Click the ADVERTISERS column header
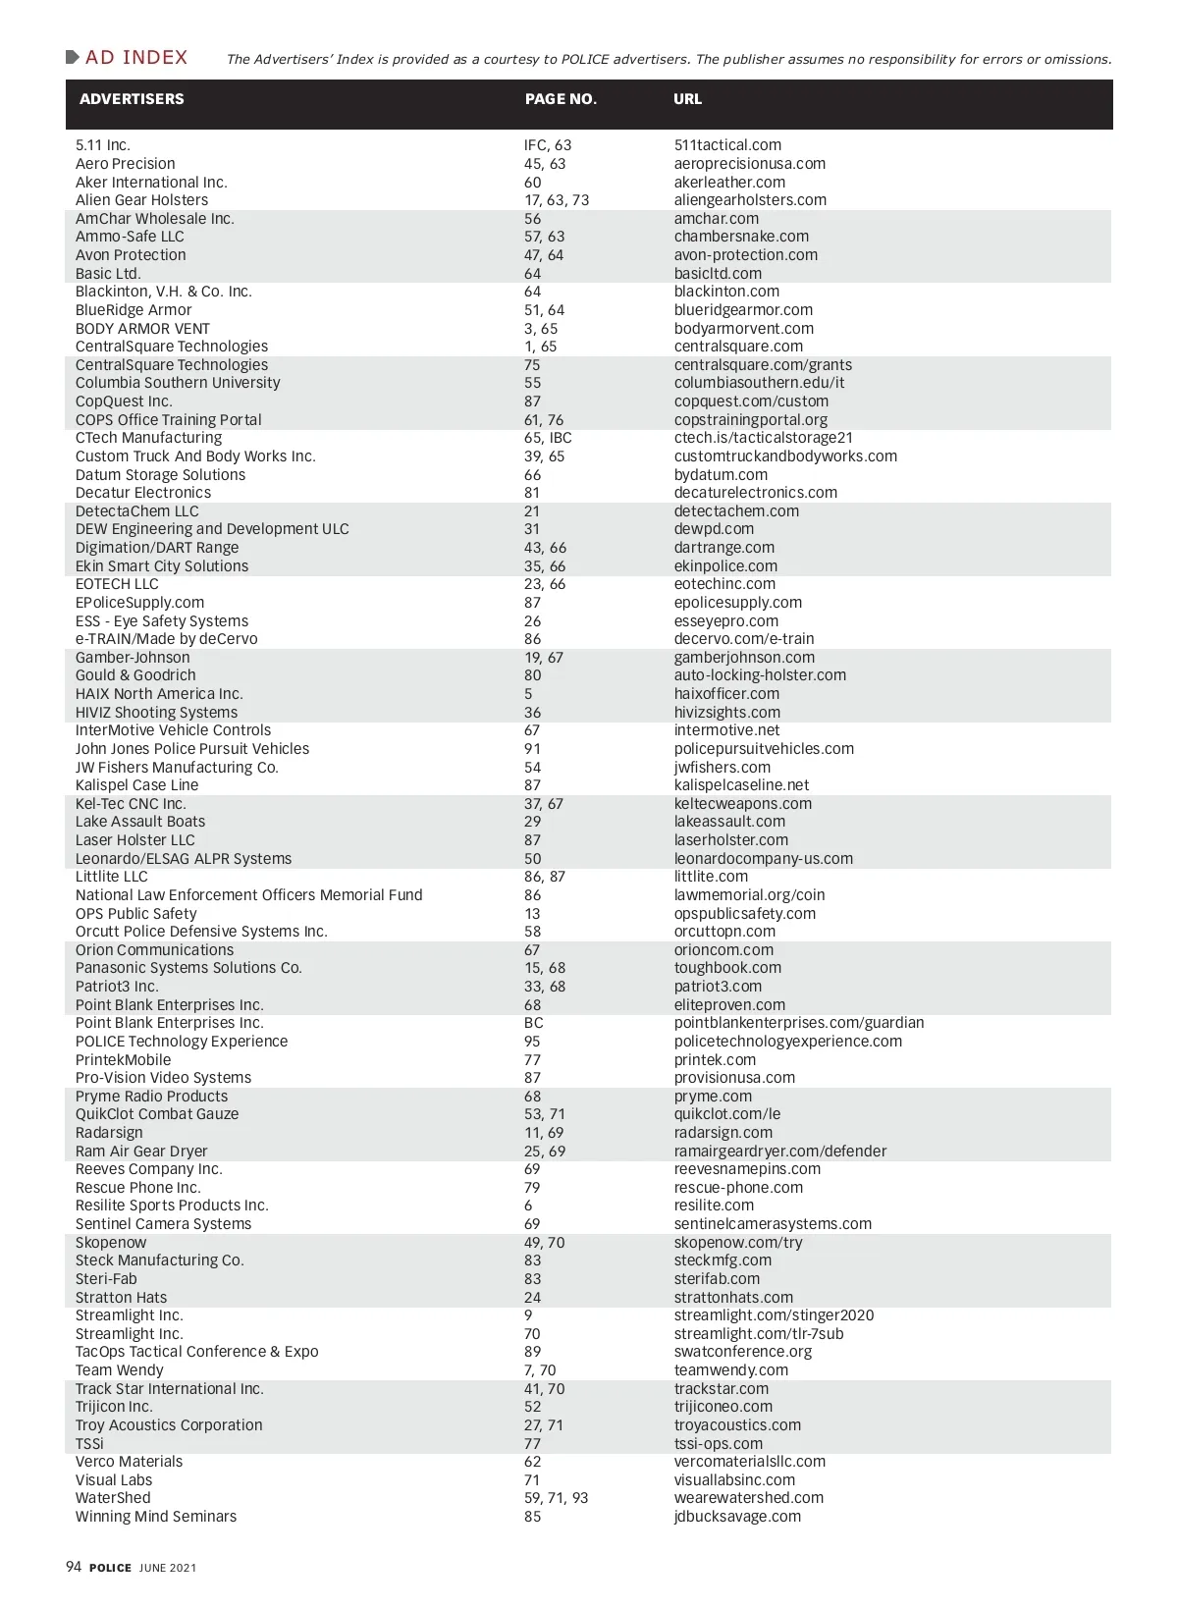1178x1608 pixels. click(132, 99)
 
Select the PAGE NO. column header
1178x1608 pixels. click(561, 99)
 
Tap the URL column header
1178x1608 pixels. click(687, 99)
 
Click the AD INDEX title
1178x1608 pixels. click(135, 58)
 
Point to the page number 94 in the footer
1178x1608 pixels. click(74, 1567)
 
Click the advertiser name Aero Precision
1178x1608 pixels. click(126, 164)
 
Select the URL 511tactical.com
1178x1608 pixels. click(727, 145)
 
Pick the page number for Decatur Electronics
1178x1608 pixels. click(532, 493)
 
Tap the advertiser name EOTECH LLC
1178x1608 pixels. click(117, 584)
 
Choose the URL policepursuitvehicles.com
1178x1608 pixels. click(764, 749)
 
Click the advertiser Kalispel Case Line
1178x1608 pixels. click(136, 785)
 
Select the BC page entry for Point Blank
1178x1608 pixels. click(533, 1023)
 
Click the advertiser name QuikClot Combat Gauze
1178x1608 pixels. click(157, 1114)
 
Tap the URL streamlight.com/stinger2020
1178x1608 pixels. click(774, 1315)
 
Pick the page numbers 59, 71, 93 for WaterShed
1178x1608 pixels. click(556, 1498)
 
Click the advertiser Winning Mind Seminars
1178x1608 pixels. click(156, 1517)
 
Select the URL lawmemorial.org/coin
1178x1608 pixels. click(749, 895)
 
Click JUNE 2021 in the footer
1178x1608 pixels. click(168, 1568)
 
